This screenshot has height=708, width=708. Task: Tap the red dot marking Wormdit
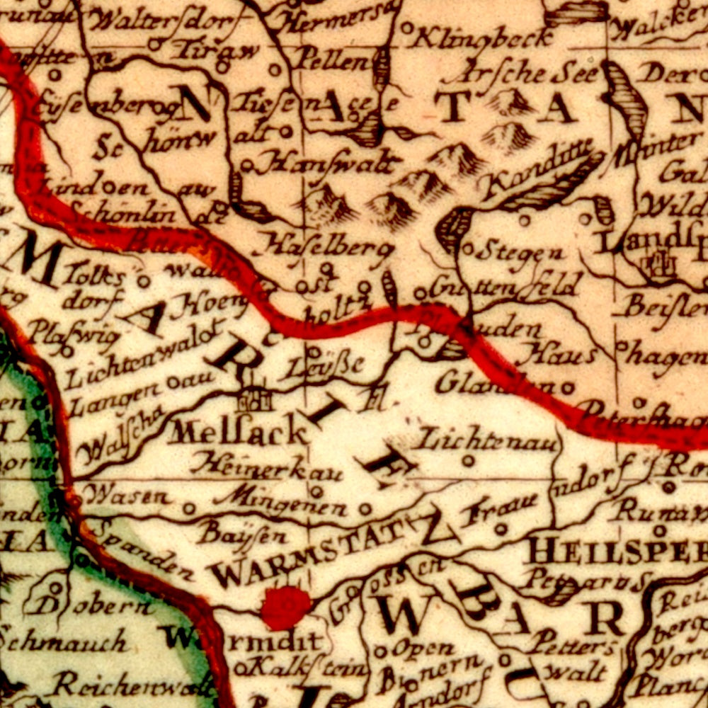click(285, 607)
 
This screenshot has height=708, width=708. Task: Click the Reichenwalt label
click(135, 685)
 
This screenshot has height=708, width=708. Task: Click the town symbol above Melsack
click(254, 401)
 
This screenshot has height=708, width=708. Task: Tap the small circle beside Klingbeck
click(407, 28)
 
